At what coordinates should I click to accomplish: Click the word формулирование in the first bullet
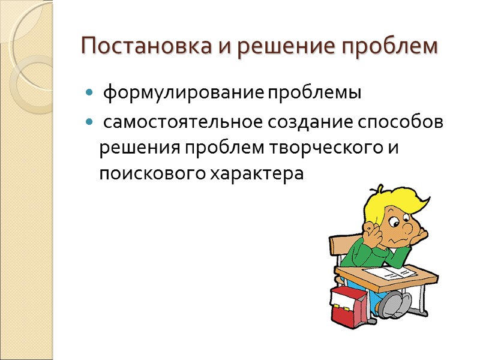click(183, 94)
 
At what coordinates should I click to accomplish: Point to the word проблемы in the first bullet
click(314, 94)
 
